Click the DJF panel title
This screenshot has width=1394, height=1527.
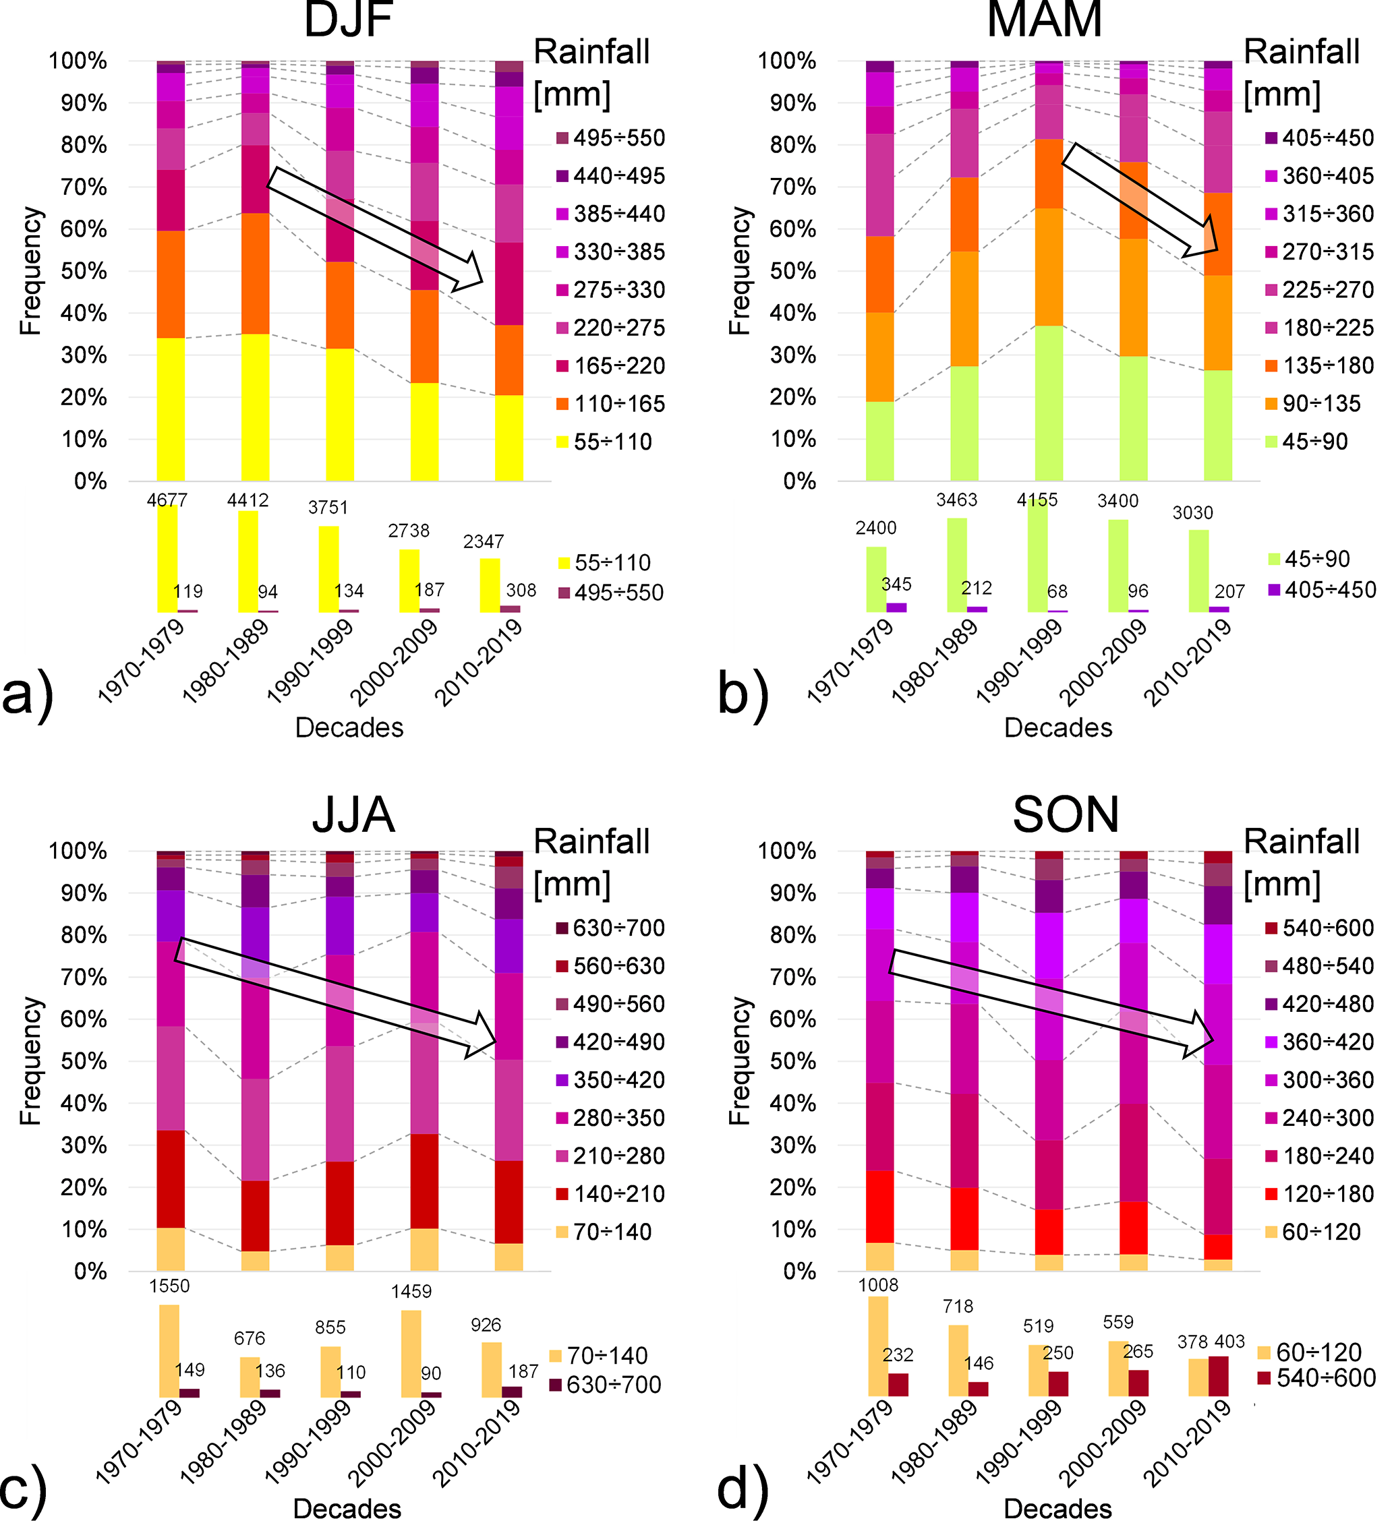348,20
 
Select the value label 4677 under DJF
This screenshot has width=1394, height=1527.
167,500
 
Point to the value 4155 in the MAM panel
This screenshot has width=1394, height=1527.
1037,500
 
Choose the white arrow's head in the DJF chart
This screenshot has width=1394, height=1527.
471,274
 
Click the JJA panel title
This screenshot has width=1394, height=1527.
353,815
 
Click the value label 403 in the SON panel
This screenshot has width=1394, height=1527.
1229,1342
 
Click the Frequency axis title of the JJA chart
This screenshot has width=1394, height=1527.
30,1060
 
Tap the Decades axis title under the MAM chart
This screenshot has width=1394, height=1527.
1057,727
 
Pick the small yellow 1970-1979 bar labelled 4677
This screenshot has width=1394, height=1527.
167,558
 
